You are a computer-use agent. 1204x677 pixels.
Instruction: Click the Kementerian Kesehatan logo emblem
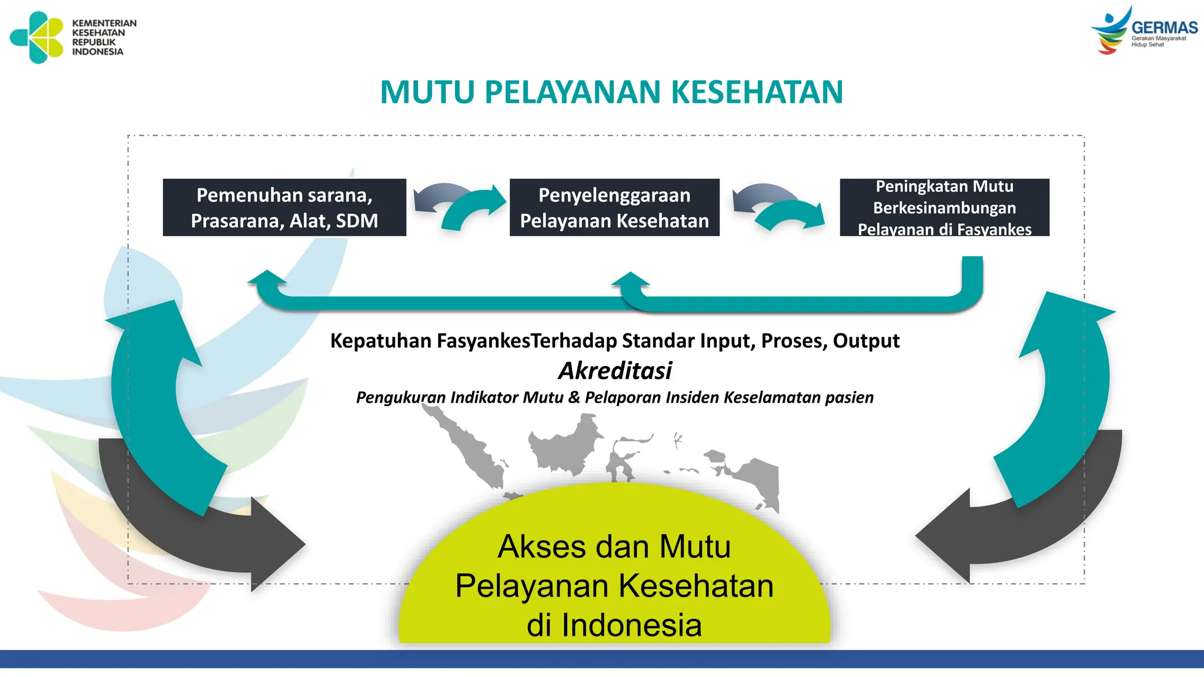click(37, 37)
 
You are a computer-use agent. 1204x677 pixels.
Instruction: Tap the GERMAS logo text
click(1164, 28)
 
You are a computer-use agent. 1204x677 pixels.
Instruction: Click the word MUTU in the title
click(427, 92)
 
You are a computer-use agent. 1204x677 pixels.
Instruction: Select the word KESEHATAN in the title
click(757, 92)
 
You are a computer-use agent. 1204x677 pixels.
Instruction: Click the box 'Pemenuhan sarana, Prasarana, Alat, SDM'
click(285, 207)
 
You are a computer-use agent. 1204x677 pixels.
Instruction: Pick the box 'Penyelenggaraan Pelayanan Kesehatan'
click(614, 207)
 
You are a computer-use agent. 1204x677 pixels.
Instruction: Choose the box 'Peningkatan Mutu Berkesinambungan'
click(944, 207)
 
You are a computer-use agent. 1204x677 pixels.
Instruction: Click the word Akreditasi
click(615, 370)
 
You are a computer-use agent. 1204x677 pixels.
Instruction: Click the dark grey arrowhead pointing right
click(276, 544)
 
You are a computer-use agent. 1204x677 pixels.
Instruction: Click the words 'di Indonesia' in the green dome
click(614, 625)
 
